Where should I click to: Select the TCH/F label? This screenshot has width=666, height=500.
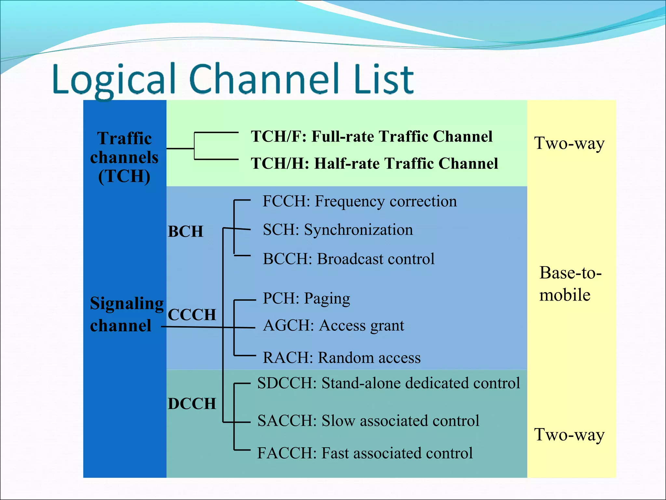tap(278, 136)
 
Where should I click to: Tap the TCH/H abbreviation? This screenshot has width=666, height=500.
tap(279, 163)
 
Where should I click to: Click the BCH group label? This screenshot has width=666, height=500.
tap(185, 232)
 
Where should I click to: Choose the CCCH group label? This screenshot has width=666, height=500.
tap(192, 315)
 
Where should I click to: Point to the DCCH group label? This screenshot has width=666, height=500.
tap(192, 404)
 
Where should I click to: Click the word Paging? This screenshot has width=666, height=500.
tap(327, 299)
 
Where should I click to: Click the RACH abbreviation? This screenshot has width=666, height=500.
tap(287, 358)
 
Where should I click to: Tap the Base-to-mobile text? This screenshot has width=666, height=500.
tap(570, 284)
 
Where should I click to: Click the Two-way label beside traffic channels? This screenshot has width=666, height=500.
tap(569, 144)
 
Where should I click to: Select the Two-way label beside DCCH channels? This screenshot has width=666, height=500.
tap(569, 435)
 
